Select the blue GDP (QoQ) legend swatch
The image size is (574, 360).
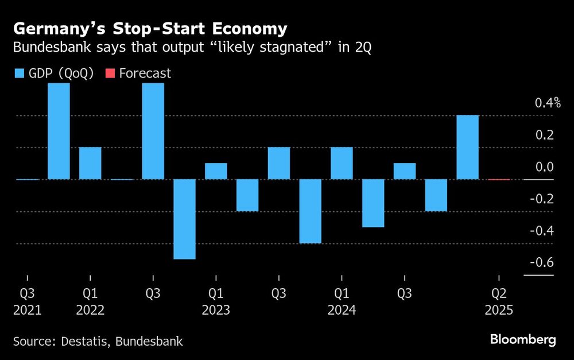coord(18,73)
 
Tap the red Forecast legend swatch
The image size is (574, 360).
coord(110,73)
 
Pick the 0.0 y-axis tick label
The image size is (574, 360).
coord(545,167)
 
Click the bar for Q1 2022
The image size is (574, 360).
coord(90,163)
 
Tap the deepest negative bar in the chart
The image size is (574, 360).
coord(184,219)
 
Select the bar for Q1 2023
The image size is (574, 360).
coord(216,171)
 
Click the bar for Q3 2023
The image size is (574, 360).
coord(278,163)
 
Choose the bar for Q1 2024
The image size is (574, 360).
coord(342,163)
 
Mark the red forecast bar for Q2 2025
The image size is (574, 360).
coord(499,179)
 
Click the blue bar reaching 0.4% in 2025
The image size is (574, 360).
coord(467,148)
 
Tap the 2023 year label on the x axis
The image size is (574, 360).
coord(216,311)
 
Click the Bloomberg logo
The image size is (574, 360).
coord(523,339)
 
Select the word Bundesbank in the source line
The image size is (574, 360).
coord(149,342)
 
